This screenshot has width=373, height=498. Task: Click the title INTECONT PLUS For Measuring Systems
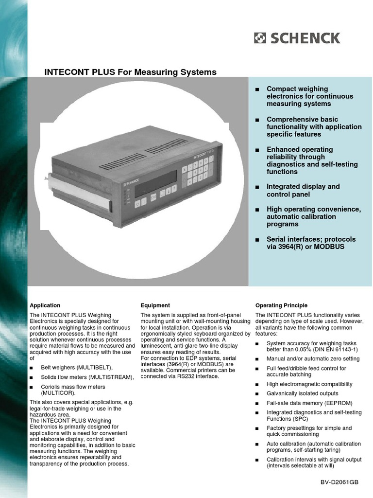click(x=130, y=72)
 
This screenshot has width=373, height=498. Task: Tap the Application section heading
click(x=45, y=305)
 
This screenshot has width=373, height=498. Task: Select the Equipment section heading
click(x=155, y=305)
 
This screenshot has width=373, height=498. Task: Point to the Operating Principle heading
click(x=281, y=305)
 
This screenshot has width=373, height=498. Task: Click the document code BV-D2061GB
click(x=339, y=482)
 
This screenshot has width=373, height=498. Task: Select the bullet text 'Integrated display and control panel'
click(x=303, y=190)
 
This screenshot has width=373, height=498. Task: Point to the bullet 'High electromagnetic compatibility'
click(x=309, y=384)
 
